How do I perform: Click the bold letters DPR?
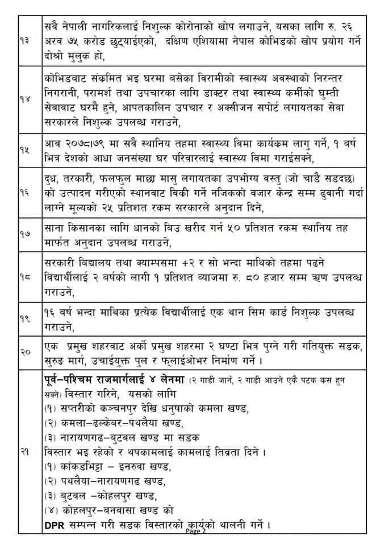click(x=55, y=525)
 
